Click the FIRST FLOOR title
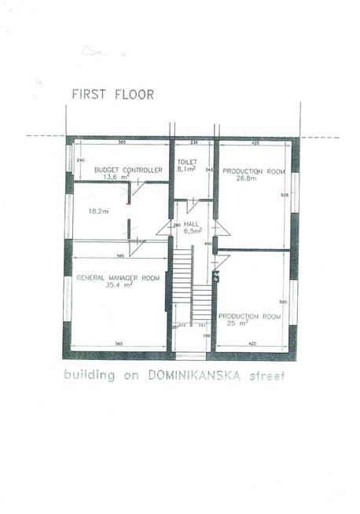coord(112,94)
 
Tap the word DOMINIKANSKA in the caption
coord(193,375)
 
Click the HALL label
coord(193,224)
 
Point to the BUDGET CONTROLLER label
coord(128,170)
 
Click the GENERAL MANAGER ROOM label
coord(118,278)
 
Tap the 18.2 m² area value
coord(98,211)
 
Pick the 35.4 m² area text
coord(119,285)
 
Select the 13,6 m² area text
coord(127,178)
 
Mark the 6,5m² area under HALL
coord(193,232)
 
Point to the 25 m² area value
coord(238,323)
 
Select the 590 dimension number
coord(285,302)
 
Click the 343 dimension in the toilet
coord(208,169)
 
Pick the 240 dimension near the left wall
coord(80,160)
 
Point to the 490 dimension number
coord(208,244)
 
